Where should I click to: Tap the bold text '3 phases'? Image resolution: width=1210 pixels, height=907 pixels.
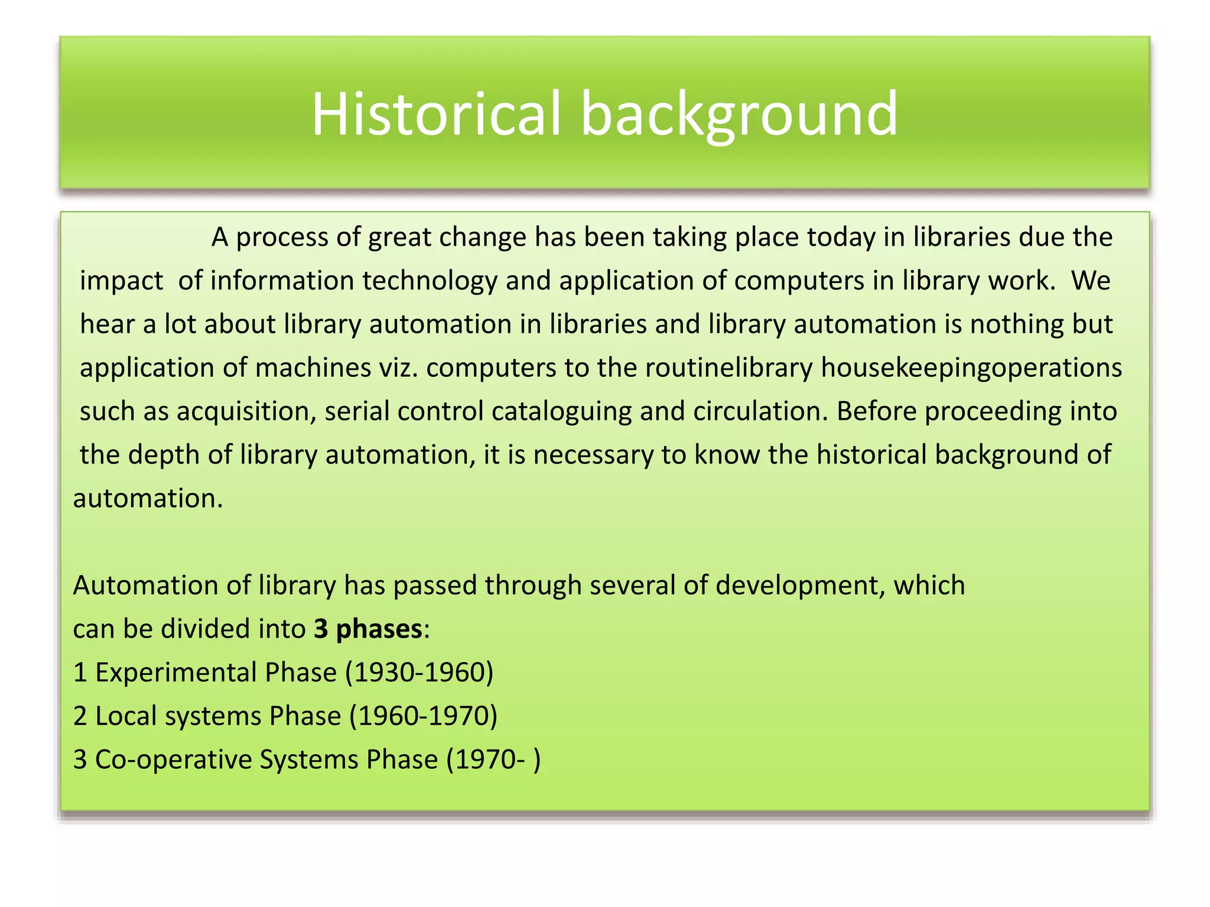tap(367, 629)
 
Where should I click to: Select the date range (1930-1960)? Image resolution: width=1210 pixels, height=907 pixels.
tap(419, 673)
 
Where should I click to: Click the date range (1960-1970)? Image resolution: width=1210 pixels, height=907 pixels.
tap(423, 716)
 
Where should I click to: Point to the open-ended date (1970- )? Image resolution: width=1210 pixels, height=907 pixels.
tap(493, 759)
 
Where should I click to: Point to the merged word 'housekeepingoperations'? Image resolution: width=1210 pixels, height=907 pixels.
tap(971, 368)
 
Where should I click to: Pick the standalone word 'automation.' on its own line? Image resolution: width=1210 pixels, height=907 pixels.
tap(148, 498)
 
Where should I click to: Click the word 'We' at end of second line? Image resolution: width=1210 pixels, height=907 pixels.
tap(1091, 280)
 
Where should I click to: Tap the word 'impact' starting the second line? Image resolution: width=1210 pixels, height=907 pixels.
tap(121, 281)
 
